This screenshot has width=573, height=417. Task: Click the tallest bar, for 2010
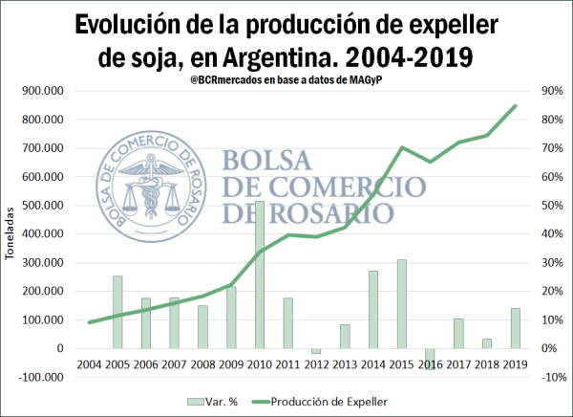(x=260, y=274)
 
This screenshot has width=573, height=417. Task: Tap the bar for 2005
(x=117, y=312)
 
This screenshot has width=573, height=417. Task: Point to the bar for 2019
(x=515, y=328)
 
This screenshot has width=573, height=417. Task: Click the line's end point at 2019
(x=515, y=106)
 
